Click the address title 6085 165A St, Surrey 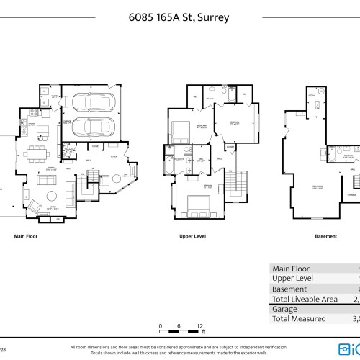(180, 16)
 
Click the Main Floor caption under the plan (26, 236)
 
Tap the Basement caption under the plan (325, 236)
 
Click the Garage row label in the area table (284, 308)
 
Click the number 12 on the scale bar (199, 325)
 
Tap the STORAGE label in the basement (351, 194)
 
